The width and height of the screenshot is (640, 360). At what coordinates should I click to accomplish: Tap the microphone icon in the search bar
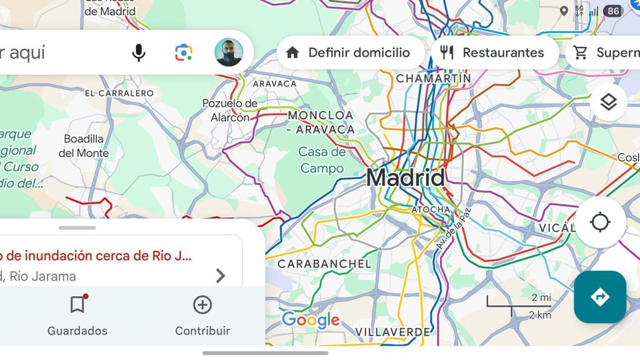tap(139, 52)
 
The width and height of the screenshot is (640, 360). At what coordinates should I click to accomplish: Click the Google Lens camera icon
tap(184, 52)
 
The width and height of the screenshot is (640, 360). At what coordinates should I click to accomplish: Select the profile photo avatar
tap(229, 52)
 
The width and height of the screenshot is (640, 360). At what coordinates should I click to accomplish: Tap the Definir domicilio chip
tap(348, 52)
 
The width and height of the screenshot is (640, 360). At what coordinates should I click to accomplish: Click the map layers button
tap(608, 102)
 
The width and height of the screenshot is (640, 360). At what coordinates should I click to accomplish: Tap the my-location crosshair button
tap(600, 222)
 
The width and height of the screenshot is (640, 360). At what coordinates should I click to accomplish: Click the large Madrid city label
tap(406, 177)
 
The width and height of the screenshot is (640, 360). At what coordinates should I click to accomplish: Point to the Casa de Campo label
tap(322, 160)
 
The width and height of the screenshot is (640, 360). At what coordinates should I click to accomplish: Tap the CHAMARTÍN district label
tap(434, 79)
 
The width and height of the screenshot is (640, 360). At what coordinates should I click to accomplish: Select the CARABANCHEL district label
tap(324, 264)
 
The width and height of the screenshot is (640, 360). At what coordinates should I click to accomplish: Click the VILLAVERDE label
tap(393, 332)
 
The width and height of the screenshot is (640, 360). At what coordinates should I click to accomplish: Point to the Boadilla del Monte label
tap(84, 146)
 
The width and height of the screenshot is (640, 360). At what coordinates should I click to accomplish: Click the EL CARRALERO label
tap(119, 93)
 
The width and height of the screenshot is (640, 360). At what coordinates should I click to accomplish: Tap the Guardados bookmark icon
tap(77, 305)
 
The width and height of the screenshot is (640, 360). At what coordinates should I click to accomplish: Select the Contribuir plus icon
tap(202, 305)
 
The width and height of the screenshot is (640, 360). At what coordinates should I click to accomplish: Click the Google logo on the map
tap(311, 321)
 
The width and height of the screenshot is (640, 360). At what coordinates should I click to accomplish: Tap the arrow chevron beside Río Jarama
tap(220, 276)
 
